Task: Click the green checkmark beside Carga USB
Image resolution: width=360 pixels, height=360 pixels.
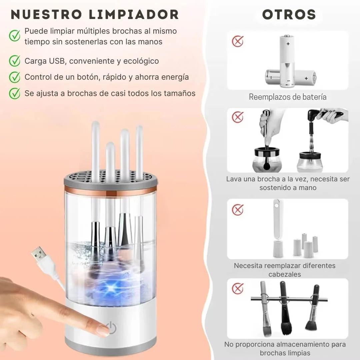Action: pos(15,61)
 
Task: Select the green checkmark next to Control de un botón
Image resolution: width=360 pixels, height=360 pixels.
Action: pos(15,77)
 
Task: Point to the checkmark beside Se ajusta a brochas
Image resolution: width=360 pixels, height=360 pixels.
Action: pos(15,93)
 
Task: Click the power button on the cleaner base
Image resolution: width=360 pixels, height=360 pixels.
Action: pos(111,328)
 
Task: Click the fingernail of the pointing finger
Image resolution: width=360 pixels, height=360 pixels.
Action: pos(103,330)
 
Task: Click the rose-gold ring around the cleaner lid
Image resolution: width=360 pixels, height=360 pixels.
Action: pos(110,193)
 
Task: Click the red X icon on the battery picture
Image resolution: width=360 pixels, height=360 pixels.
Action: pos(238,41)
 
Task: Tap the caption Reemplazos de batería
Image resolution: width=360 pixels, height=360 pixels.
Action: pos(288,97)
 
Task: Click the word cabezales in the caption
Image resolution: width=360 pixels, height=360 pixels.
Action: pos(285,274)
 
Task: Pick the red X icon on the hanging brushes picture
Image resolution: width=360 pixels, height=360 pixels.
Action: pos(238,288)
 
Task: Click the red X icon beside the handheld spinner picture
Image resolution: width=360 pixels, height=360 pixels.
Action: pos(238,117)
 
